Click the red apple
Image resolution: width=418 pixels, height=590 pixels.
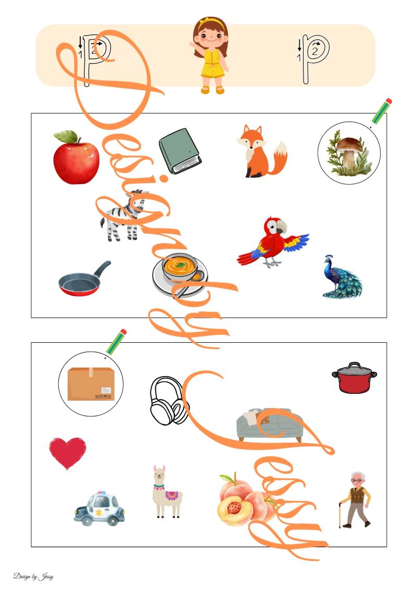tap(76, 158)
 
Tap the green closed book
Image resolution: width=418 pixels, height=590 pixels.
tap(180, 151)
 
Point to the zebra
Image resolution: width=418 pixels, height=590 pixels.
tap(122, 216)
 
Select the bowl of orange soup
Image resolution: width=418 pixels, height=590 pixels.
tap(180, 275)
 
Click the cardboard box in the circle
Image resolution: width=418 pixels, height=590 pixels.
tap(91, 384)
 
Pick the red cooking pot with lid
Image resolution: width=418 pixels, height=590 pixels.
tap(354, 378)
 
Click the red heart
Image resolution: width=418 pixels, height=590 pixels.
tap(67, 452)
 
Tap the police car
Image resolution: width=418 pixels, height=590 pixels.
tap(99, 509)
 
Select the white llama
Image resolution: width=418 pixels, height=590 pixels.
tap(166, 492)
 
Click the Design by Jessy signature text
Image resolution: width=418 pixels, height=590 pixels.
tap(33, 576)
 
